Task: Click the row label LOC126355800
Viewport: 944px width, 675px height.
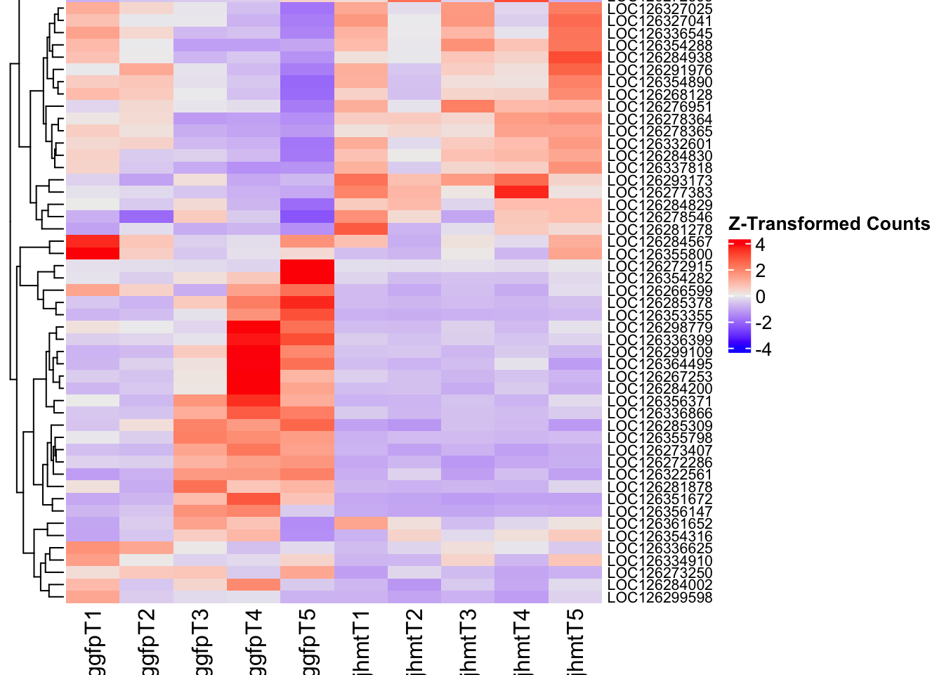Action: (x=660, y=254)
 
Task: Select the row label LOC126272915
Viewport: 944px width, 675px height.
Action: (x=660, y=266)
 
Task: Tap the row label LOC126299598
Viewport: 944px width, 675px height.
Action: (x=660, y=598)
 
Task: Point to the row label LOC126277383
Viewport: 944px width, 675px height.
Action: (x=660, y=193)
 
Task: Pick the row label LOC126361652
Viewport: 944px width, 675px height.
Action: (x=660, y=524)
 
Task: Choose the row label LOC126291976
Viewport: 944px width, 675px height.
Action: (x=660, y=70)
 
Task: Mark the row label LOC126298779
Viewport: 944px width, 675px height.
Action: (x=660, y=328)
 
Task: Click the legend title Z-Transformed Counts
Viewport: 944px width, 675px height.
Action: (x=829, y=224)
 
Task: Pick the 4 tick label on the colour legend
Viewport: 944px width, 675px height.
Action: (x=760, y=245)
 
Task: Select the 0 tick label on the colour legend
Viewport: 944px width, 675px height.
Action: (x=760, y=297)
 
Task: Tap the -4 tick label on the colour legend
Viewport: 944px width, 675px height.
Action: (x=763, y=349)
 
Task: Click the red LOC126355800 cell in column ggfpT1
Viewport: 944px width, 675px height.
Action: (x=93, y=254)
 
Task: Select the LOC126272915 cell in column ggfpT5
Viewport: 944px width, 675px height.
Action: (x=307, y=266)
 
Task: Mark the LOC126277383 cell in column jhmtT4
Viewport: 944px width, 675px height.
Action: (x=521, y=193)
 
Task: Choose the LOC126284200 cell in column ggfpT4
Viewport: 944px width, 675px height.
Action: (x=254, y=389)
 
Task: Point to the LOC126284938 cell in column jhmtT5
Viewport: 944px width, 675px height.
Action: (x=575, y=58)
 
